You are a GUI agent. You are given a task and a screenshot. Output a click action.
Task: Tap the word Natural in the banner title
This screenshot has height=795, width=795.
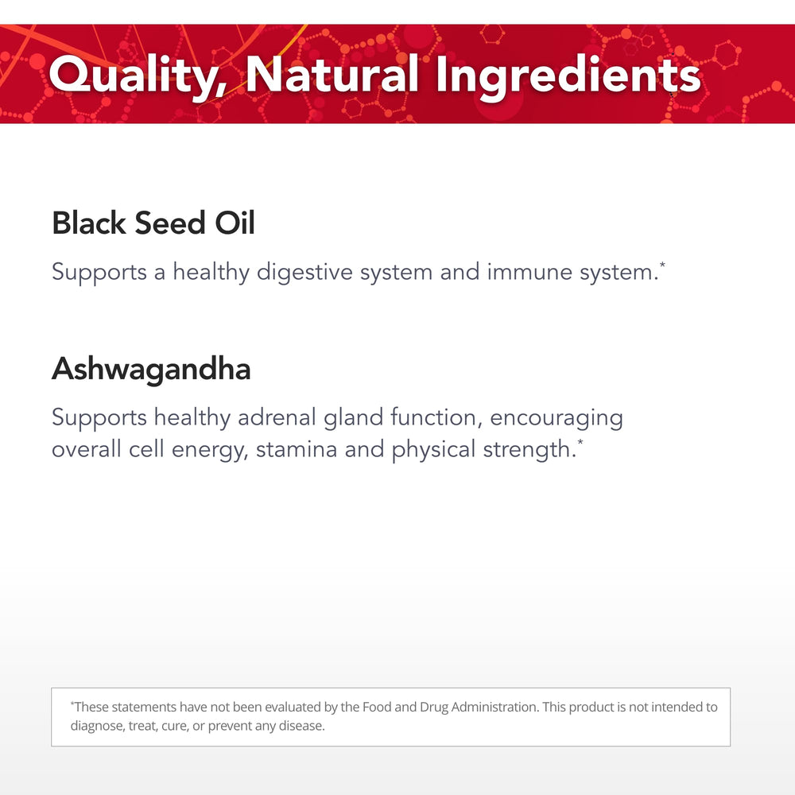(332, 76)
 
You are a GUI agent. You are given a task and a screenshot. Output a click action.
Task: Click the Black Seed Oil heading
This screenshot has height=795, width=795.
(153, 223)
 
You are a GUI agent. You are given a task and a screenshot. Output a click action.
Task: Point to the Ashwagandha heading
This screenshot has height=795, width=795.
(151, 369)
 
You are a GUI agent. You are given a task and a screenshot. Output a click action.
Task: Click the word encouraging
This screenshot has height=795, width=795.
(556, 418)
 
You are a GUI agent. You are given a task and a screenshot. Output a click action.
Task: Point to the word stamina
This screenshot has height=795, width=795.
(297, 449)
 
